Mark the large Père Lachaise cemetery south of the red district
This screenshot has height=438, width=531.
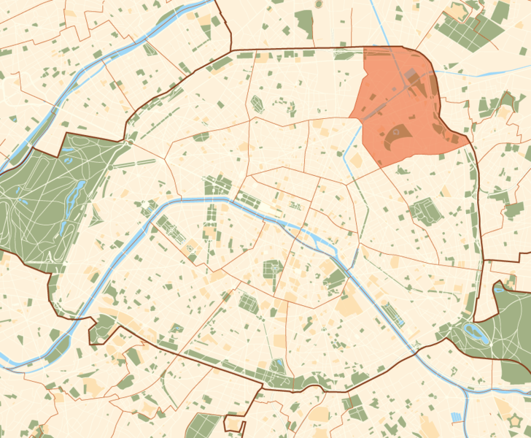click(423, 211)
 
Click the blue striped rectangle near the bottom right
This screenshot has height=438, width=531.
click(457, 417)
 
